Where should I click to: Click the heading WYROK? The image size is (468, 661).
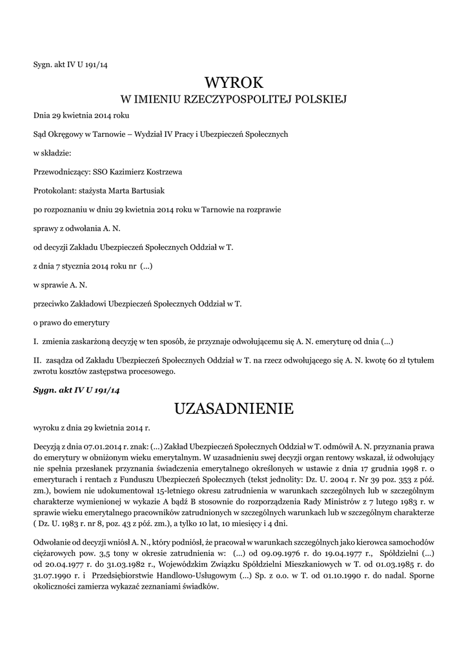pyautogui.click(x=234, y=83)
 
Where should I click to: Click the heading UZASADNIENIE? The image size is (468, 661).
pyautogui.click(x=234, y=409)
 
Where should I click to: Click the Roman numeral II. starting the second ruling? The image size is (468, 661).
pyautogui.click(x=37, y=359)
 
